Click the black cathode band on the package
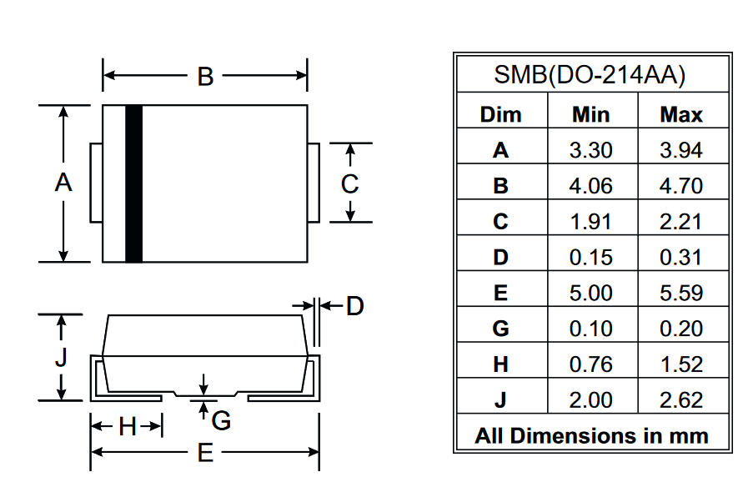[x=133, y=183]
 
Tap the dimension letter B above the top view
[x=205, y=77]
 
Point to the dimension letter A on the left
[x=63, y=183]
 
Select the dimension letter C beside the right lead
[x=349, y=183]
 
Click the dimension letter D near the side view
[x=355, y=306]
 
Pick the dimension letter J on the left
[x=61, y=358]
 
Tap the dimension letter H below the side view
[x=128, y=426]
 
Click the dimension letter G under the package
[x=221, y=421]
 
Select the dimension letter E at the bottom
[x=205, y=453]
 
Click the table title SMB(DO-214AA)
[x=590, y=75]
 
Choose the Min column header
[x=590, y=115]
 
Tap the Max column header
[x=681, y=115]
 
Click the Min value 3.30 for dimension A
[x=590, y=150]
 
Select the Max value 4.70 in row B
[x=681, y=186]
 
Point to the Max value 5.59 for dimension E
[x=681, y=293]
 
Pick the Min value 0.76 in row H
[x=590, y=364]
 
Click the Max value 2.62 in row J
[x=681, y=400]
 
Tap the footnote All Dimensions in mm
[x=592, y=436]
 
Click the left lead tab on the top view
[x=96, y=183]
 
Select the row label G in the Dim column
[x=500, y=329]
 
